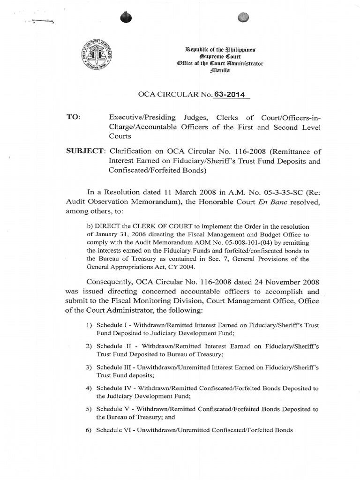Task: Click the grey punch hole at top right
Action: (x=242, y=17)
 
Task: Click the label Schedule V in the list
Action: (x=113, y=409)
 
